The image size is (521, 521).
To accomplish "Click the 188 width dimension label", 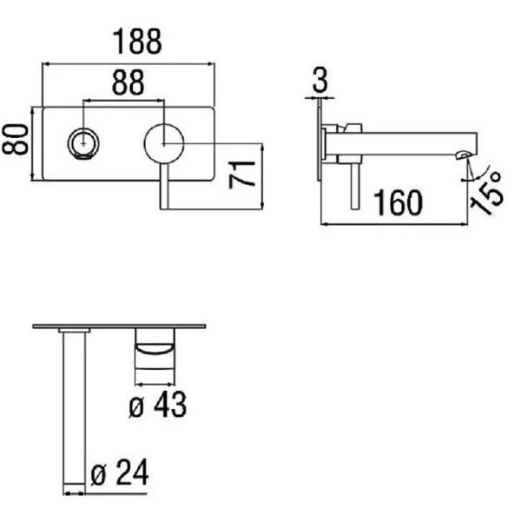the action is pos(137,41).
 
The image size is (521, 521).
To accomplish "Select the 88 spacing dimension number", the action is pos(129,82).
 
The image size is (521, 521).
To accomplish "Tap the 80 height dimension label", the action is pos(15,139).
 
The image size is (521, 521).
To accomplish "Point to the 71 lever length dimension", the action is pos(242,175).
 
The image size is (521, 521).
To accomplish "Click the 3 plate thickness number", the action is pos(320,79).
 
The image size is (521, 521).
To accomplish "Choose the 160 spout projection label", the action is pos(398,202).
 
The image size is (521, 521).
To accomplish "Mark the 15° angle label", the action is pos(487,194).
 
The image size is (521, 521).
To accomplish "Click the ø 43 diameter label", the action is pos(157,405).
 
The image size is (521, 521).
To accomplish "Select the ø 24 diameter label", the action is pos(119,472).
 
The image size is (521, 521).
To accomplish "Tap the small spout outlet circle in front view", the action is pos(83,143).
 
